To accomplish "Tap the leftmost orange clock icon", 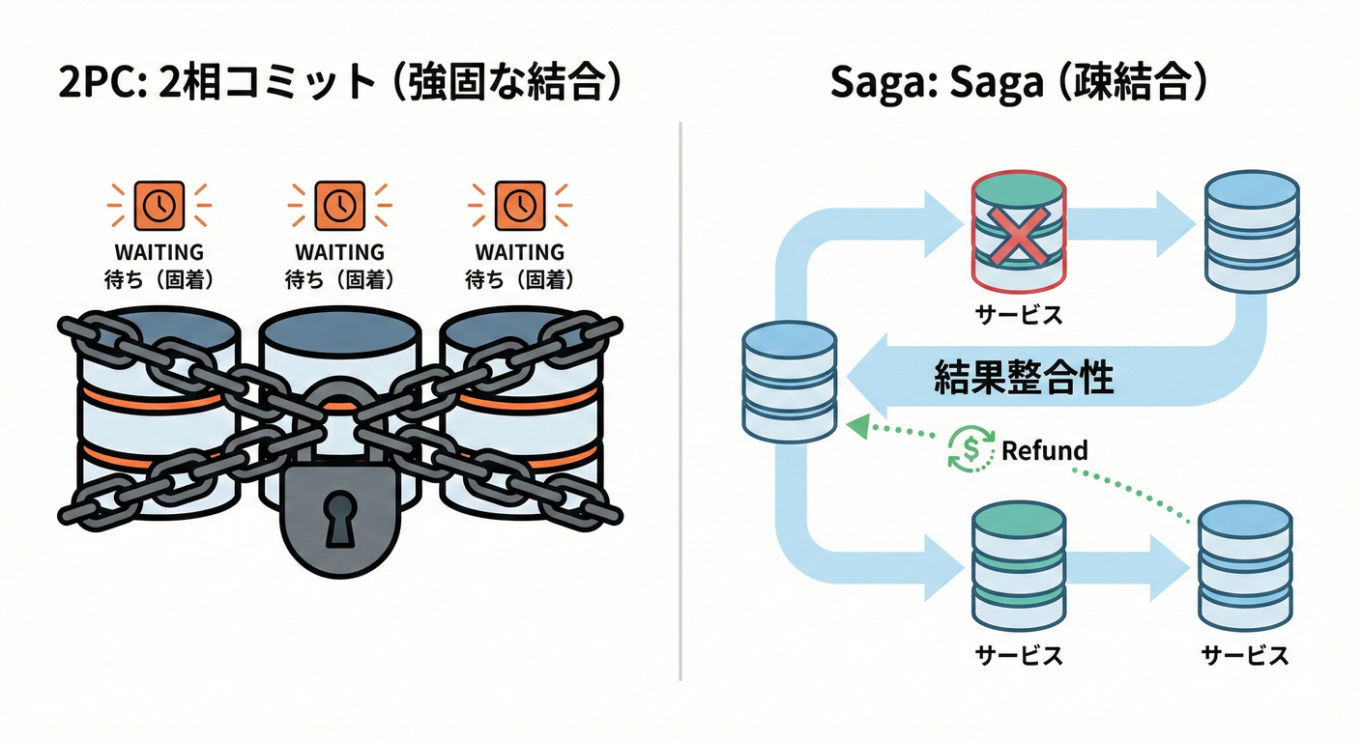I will [158, 204].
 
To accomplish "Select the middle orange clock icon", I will [338, 204].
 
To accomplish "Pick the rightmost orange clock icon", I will [519, 204].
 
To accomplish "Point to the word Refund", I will [1044, 450].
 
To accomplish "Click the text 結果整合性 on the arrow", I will [1024, 377].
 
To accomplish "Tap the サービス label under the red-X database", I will [1019, 314].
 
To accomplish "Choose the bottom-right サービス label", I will [1244, 655].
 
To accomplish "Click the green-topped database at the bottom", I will [1019, 565].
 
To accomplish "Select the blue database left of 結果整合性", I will [788, 381].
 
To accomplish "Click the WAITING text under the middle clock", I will [338, 252].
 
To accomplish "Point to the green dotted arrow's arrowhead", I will [851, 424].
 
